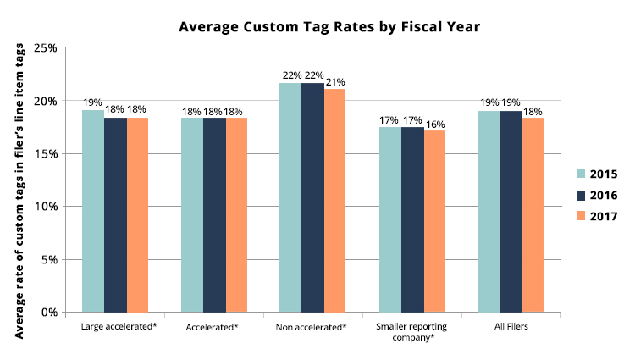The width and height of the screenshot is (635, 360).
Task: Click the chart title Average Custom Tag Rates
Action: [329, 27]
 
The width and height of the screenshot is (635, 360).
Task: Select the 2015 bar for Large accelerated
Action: [92, 211]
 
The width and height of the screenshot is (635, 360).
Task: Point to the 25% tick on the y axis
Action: [46, 48]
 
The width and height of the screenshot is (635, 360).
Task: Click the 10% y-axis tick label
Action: [46, 207]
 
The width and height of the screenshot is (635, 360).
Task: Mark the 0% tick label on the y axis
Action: [49, 312]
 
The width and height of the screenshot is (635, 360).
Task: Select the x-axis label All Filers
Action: [511, 326]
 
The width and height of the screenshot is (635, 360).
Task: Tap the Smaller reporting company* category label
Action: [411, 331]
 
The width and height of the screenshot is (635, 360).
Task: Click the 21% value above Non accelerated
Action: [336, 82]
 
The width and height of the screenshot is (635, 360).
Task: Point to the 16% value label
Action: [435, 124]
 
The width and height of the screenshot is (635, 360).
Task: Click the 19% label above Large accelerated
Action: [92, 103]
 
